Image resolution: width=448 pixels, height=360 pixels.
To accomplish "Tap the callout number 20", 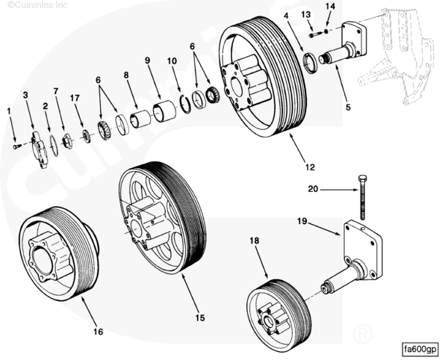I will (x=313, y=189).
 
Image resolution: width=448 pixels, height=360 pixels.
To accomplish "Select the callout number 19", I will (x=302, y=221).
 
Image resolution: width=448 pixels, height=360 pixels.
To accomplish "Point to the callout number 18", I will (x=254, y=240).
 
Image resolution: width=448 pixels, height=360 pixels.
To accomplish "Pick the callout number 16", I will (x=98, y=332).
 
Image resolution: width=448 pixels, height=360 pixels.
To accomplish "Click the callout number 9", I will (x=147, y=60).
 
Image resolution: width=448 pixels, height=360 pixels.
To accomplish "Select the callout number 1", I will (x=9, y=111).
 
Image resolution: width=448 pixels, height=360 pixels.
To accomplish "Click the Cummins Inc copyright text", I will (x=31, y=5).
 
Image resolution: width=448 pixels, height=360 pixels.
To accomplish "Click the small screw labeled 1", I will (x=17, y=146).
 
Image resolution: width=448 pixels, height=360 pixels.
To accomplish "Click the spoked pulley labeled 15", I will (x=162, y=217).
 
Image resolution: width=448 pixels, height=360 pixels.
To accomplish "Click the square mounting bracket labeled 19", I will (x=361, y=246).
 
